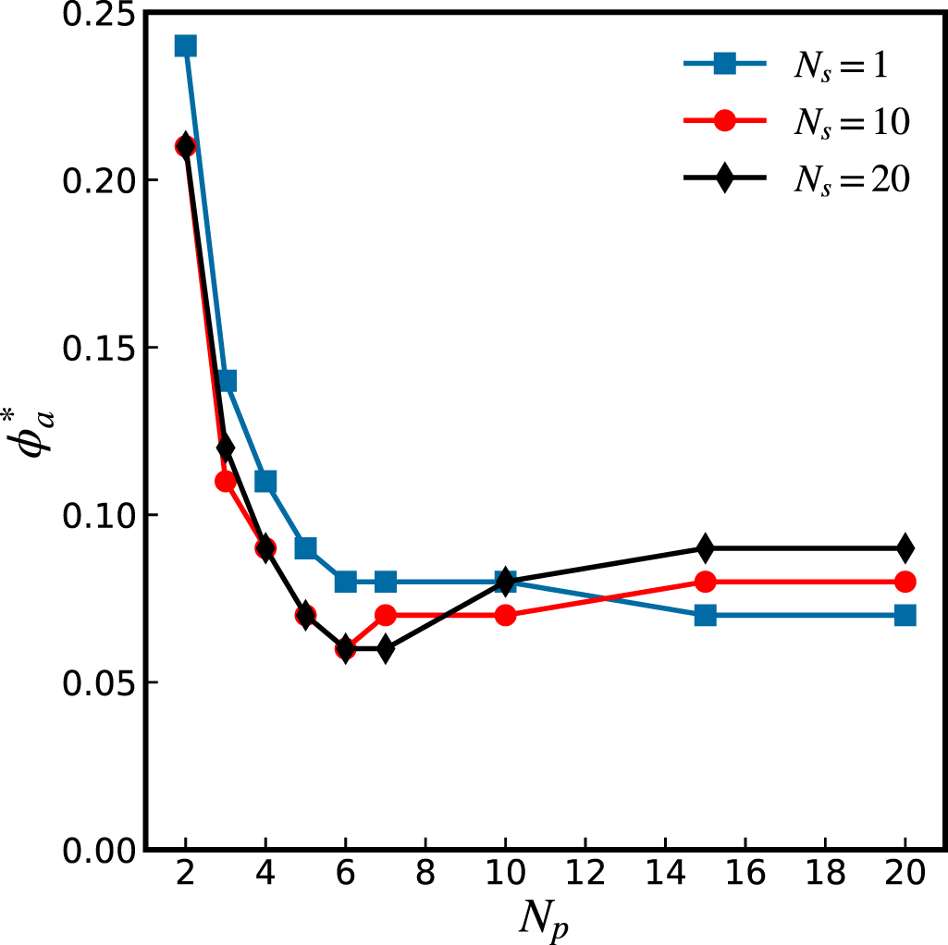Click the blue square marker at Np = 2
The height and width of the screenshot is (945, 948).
[x=185, y=46]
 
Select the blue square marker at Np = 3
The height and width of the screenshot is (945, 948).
[x=226, y=381]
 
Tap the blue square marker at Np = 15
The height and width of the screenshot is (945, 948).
[x=705, y=615]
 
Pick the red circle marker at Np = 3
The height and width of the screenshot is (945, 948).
[x=226, y=481]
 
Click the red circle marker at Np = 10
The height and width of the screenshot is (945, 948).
[x=505, y=615]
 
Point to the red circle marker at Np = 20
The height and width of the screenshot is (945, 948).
[x=905, y=582]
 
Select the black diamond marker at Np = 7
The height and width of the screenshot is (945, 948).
[x=386, y=648]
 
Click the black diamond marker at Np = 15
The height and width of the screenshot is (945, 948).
[x=705, y=548]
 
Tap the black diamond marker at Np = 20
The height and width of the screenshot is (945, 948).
[x=905, y=548]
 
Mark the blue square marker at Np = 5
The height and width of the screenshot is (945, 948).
[x=305, y=548]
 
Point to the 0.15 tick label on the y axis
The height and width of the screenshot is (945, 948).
[x=95, y=348]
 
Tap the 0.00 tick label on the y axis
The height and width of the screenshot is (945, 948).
[x=95, y=849]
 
